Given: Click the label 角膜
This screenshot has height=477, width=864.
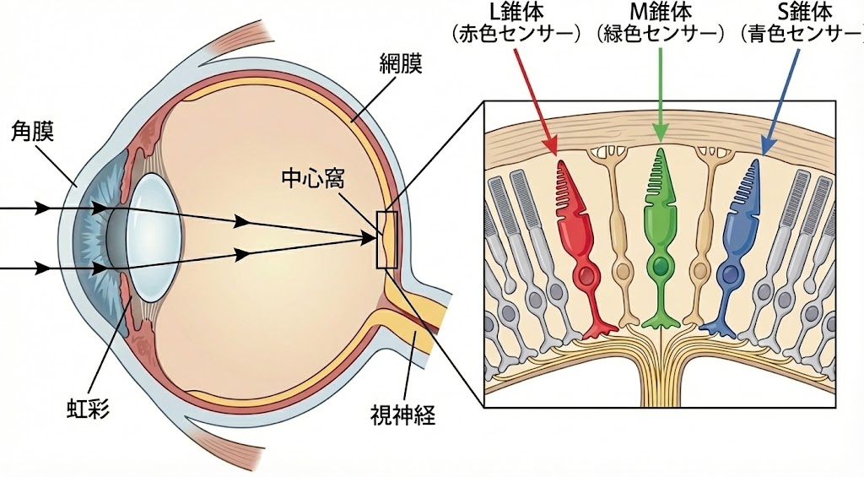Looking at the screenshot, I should pyautogui.click(x=33, y=131).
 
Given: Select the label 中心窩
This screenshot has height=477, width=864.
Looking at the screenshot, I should pyautogui.click(x=314, y=179).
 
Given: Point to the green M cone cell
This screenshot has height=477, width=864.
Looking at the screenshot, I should pyautogui.click(x=660, y=236).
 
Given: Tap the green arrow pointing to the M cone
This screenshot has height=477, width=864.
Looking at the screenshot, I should pyautogui.click(x=661, y=93).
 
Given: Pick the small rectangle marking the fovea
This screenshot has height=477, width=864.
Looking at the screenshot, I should pyautogui.click(x=386, y=240).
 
